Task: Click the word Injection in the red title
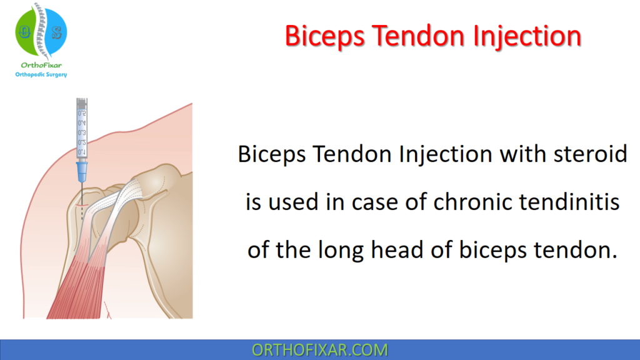coord(527,36)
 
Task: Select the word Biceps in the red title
coord(324,36)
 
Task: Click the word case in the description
coord(375,202)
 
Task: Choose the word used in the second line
coord(293,202)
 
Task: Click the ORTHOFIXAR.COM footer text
coord(319,350)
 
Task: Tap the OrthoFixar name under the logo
coord(41,65)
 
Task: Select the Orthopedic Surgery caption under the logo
coord(41,75)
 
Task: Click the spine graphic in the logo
coord(41,31)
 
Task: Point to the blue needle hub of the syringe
coord(82,172)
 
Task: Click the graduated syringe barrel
coord(82,129)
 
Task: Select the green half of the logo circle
coord(25,32)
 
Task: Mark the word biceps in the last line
coord(492,250)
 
